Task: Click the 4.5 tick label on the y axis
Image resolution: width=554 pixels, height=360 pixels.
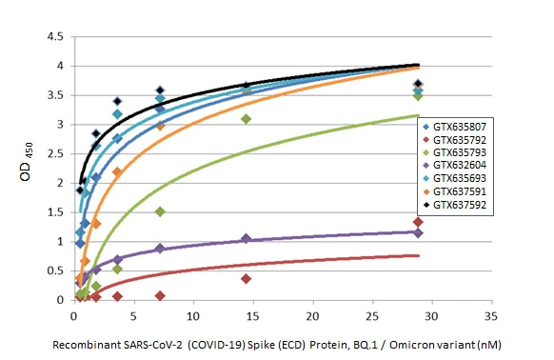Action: [55, 37]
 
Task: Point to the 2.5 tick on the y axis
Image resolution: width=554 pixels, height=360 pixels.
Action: [55, 154]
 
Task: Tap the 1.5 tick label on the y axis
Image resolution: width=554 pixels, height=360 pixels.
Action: [55, 212]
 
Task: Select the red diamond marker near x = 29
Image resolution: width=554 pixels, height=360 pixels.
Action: [418, 222]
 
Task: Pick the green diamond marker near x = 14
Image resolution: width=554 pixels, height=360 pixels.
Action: [246, 119]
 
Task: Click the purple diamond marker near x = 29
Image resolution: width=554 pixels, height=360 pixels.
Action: [418, 233]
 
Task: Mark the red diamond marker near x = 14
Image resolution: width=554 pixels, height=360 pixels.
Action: [246, 279]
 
